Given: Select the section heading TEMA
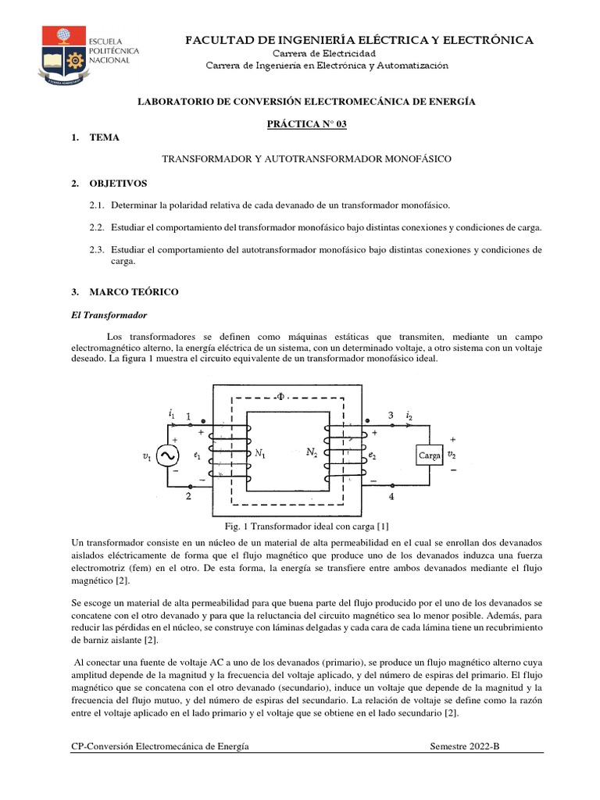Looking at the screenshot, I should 105,137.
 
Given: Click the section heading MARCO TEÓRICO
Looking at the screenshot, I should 134,291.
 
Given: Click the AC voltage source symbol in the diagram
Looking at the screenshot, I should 167,455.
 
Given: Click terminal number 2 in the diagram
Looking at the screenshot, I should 188,495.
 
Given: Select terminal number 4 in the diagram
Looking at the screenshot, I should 391,495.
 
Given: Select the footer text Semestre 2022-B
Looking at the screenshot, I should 464,746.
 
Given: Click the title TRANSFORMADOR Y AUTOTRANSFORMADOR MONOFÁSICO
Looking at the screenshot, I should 306,159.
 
